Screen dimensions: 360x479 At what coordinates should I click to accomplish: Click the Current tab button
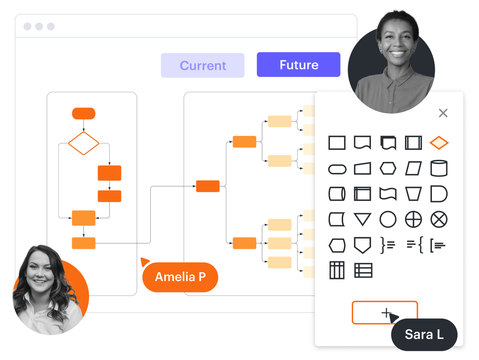point(202,65)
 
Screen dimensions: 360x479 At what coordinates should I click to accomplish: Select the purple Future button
point(299,65)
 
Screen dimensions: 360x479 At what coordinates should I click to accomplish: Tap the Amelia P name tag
point(180,277)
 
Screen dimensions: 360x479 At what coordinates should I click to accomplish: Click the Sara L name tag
point(424,334)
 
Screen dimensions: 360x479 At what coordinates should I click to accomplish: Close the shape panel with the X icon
point(443,113)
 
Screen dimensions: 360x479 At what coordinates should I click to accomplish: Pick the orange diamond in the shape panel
point(439,143)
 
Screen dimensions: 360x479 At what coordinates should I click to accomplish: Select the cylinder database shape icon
point(439,169)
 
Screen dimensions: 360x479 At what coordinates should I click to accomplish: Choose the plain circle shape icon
point(388,219)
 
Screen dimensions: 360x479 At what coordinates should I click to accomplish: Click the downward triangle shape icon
point(363,219)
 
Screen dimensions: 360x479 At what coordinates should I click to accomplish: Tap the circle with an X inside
point(439,219)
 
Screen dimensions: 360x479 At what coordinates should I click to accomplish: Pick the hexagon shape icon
point(388,169)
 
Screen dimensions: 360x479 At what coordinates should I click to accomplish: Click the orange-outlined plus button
point(384,312)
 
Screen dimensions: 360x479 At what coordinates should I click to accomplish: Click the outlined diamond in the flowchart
point(83,143)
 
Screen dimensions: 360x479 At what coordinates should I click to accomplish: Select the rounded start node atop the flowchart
point(83,113)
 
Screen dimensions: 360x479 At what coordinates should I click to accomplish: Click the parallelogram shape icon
point(413,169)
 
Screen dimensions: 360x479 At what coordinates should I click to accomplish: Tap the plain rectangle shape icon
point(337,143)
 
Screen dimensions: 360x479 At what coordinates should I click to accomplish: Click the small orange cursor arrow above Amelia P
point(144,262)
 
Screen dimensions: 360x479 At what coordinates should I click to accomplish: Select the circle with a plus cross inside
point(413,219)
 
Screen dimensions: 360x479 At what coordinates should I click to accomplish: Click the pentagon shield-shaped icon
point(363,245)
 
